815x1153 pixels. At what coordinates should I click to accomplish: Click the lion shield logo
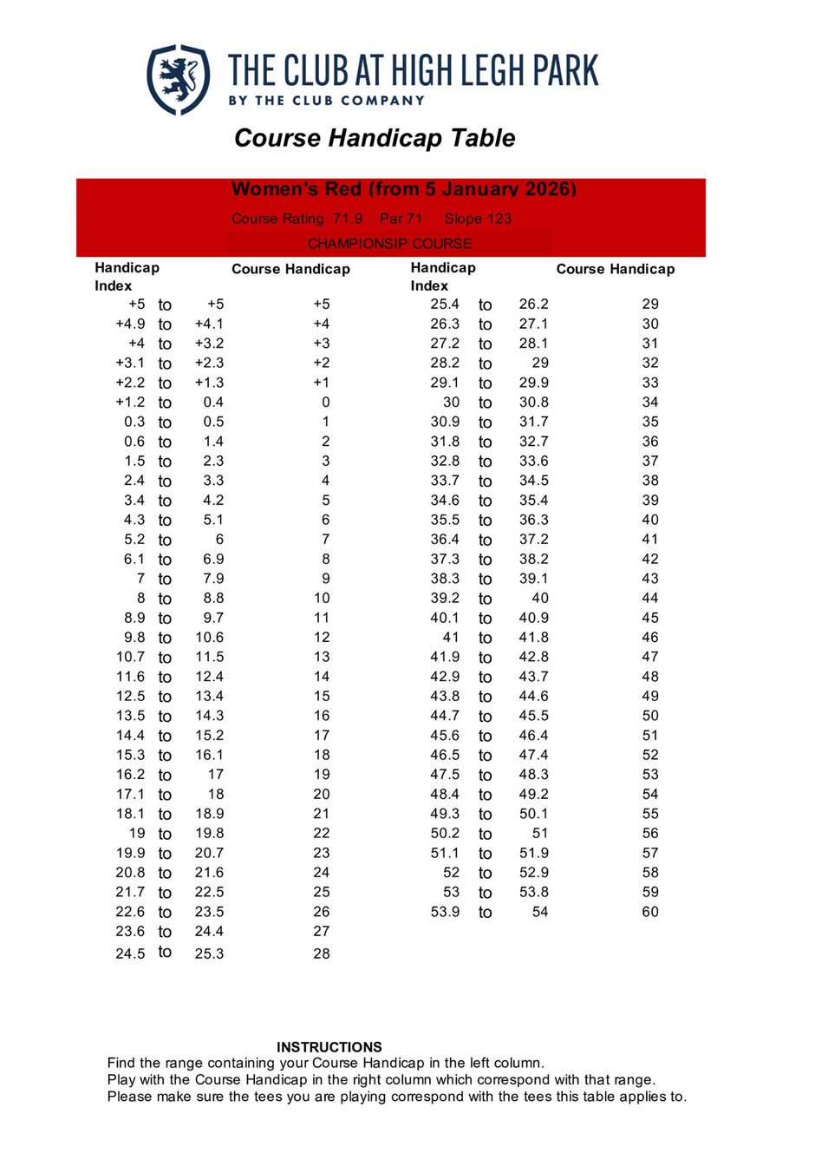(x=178, y=80)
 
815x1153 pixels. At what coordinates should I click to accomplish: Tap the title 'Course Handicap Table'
(x=375, y=138)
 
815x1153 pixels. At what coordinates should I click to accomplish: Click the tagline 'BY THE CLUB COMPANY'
(x=326, y=101)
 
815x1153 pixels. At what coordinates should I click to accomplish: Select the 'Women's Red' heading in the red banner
(x=403, y=189)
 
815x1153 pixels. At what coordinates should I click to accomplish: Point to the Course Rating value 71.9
(x=348, y=219)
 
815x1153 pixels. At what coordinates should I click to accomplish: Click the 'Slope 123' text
(x=478, y=219)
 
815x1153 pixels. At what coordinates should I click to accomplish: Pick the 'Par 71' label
(x=401, y=219)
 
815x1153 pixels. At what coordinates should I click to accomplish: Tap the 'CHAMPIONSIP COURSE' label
(x=389, y=244)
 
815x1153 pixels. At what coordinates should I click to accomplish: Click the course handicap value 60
(x=650, y=912)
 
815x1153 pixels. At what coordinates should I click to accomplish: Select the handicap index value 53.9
(x=445, y=912)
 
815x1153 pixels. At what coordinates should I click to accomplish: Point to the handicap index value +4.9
(x=130, y=324)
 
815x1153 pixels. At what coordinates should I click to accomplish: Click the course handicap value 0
(x=325, y=402)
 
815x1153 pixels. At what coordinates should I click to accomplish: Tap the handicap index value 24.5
(x=130, y=953)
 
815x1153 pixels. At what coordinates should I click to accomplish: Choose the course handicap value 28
(x=322, y=953)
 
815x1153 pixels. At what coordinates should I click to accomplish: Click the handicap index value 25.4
(x=445, y=304)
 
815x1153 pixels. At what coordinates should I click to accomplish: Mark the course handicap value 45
(x=650, y=618)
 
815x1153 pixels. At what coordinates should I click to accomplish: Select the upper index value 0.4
(x=213, y=402)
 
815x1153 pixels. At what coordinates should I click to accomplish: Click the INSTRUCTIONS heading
(x=329, y=1047)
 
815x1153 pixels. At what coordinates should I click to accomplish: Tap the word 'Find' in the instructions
(x=121, y=1063)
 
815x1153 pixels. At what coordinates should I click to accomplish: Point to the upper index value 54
(x=540, y=912)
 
